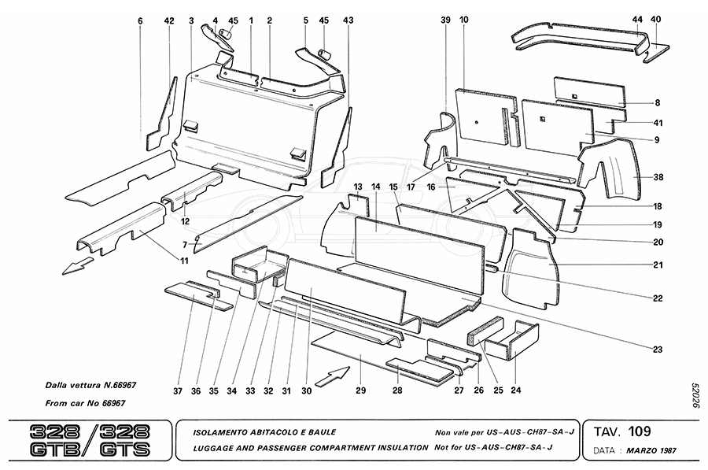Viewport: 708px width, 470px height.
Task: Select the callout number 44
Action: pos(636,19)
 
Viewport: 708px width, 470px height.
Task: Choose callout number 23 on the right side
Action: pos(656,349)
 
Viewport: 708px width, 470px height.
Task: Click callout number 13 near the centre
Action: pos(357,187)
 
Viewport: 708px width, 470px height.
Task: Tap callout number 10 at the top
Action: pos(463,19)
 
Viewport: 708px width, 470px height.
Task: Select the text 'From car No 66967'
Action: pos(86,403)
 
